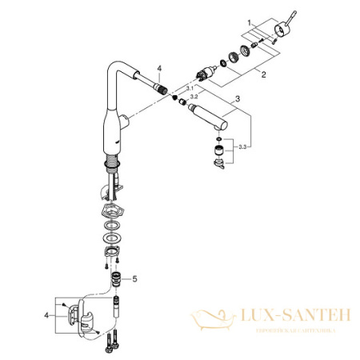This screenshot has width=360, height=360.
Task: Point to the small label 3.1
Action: (190, 87)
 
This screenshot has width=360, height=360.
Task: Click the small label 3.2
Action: (194, 94)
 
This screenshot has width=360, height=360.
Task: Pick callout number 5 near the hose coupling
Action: (135, 278)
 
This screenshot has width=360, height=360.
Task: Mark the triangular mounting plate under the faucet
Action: (112, 213)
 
